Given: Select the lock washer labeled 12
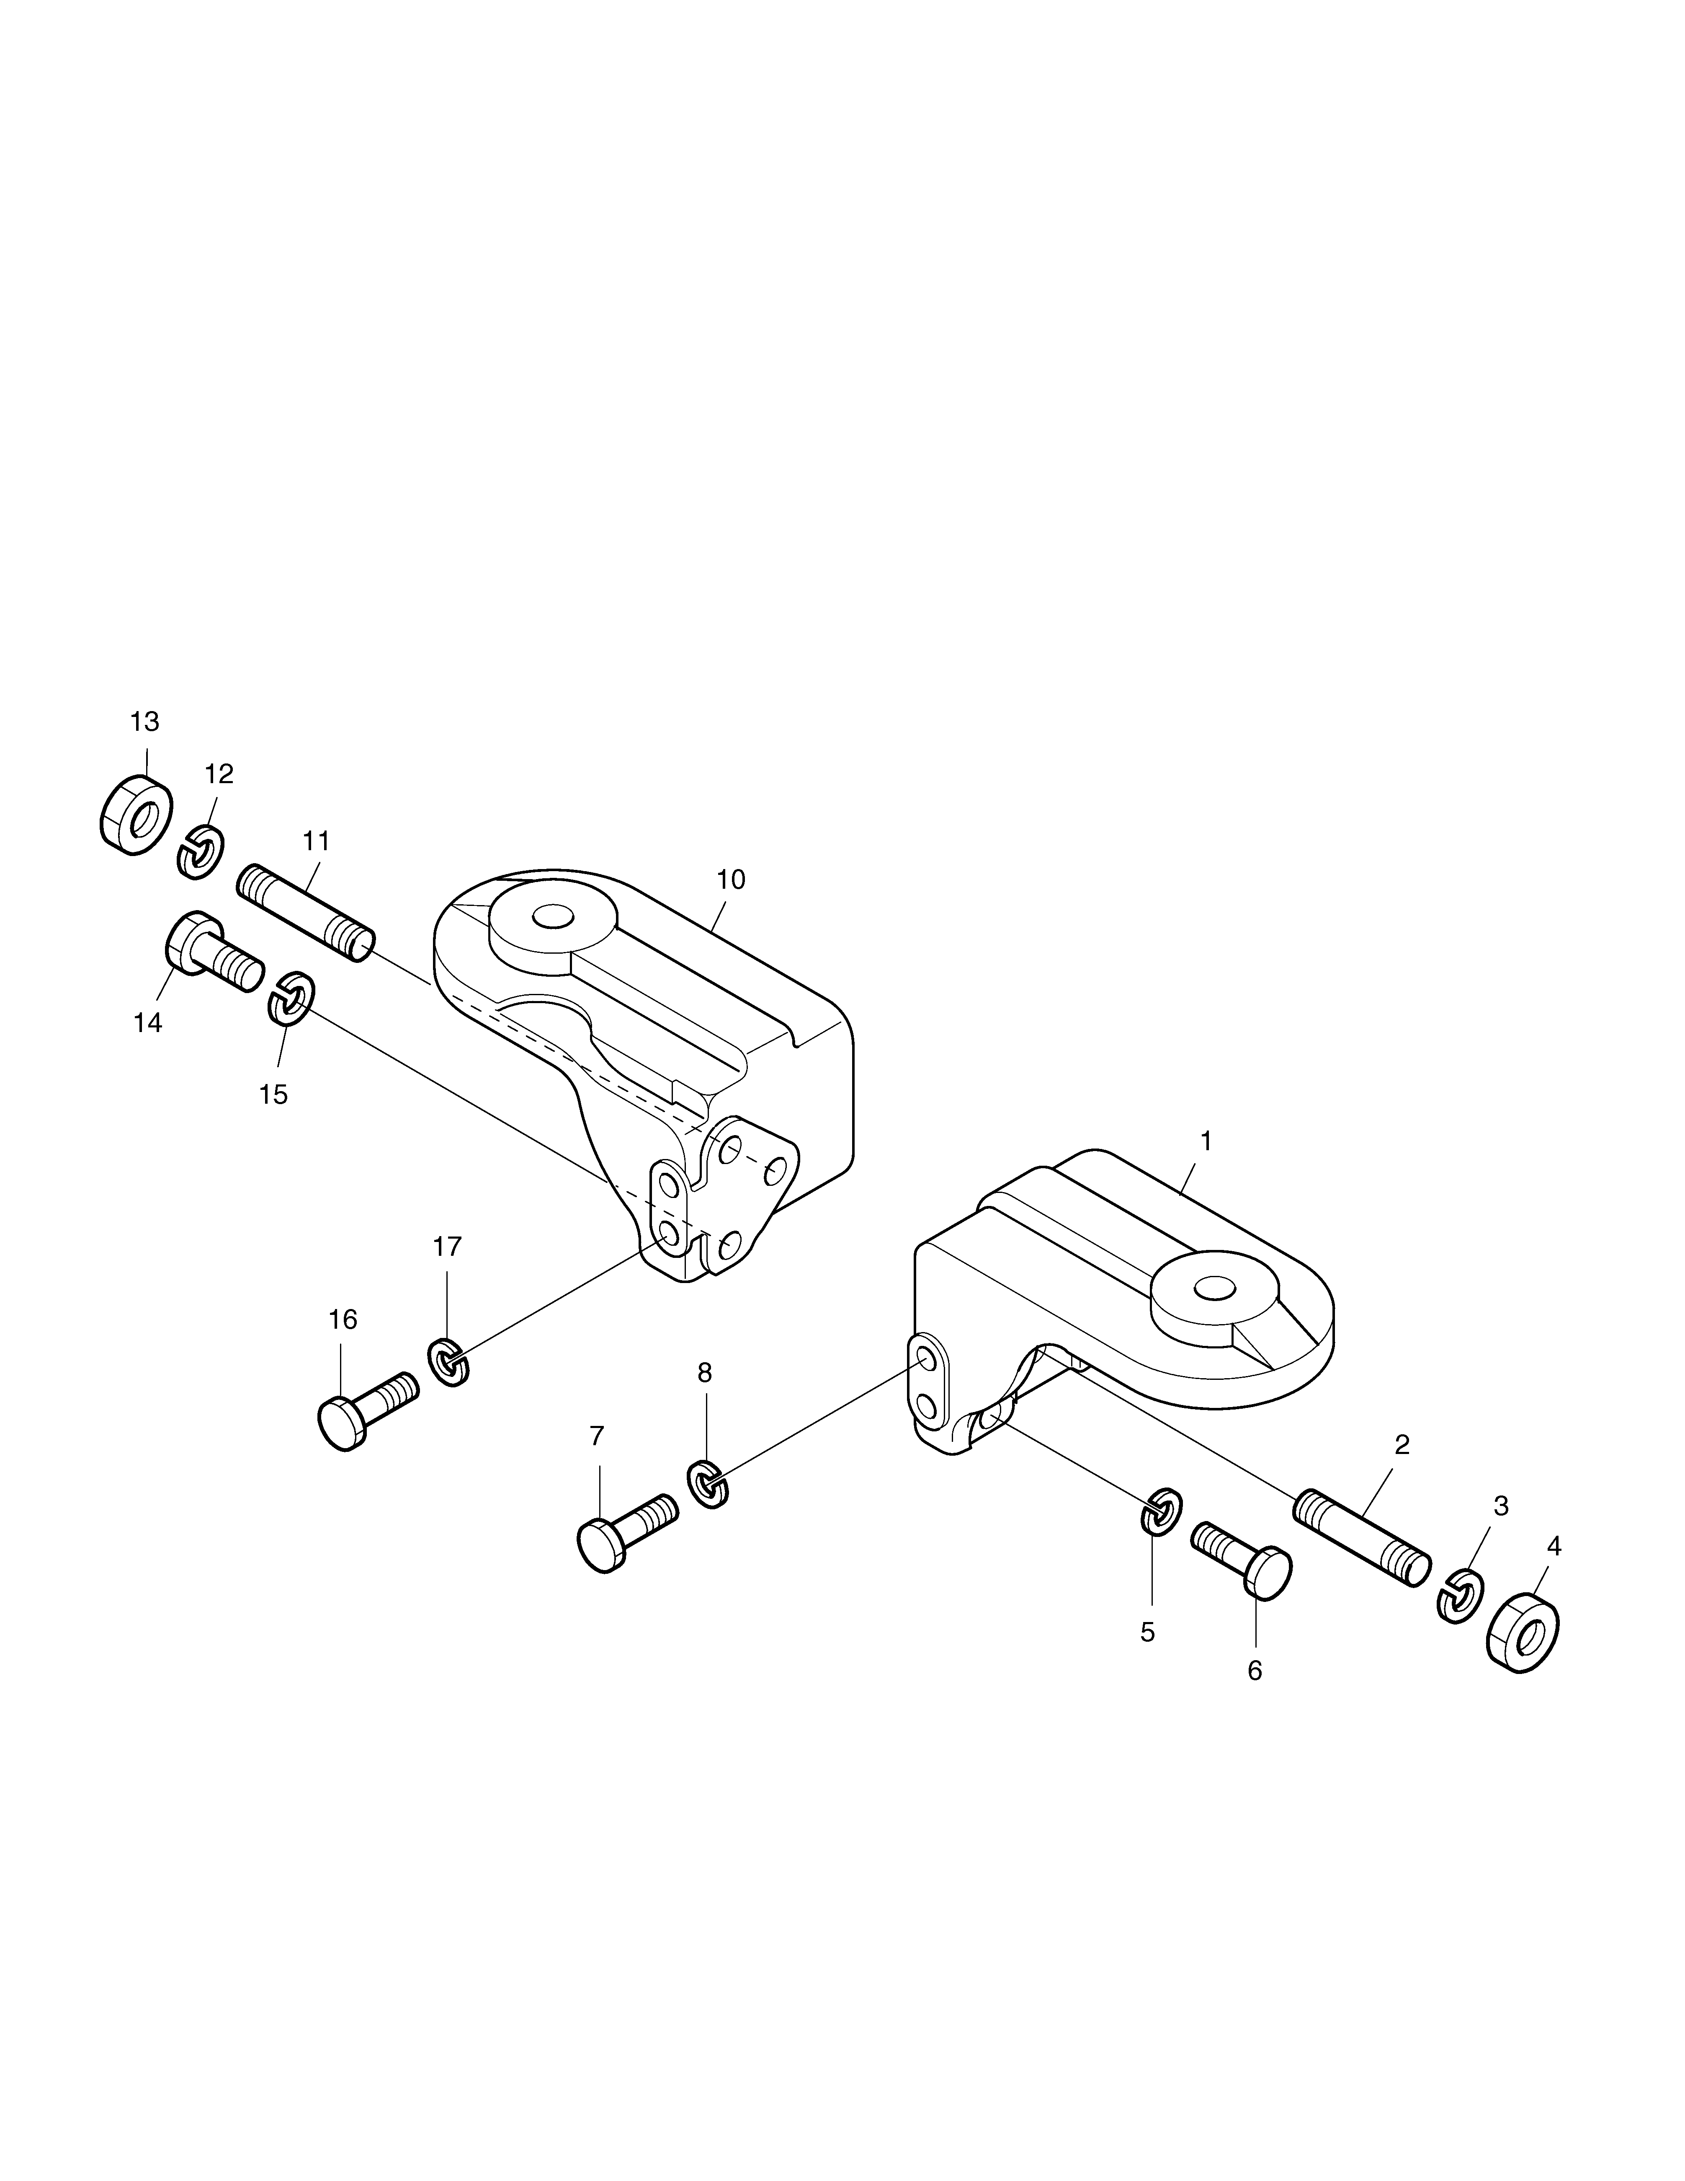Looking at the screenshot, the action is [x=201, y=853].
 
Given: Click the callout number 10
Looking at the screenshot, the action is [x=731, y=879].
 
